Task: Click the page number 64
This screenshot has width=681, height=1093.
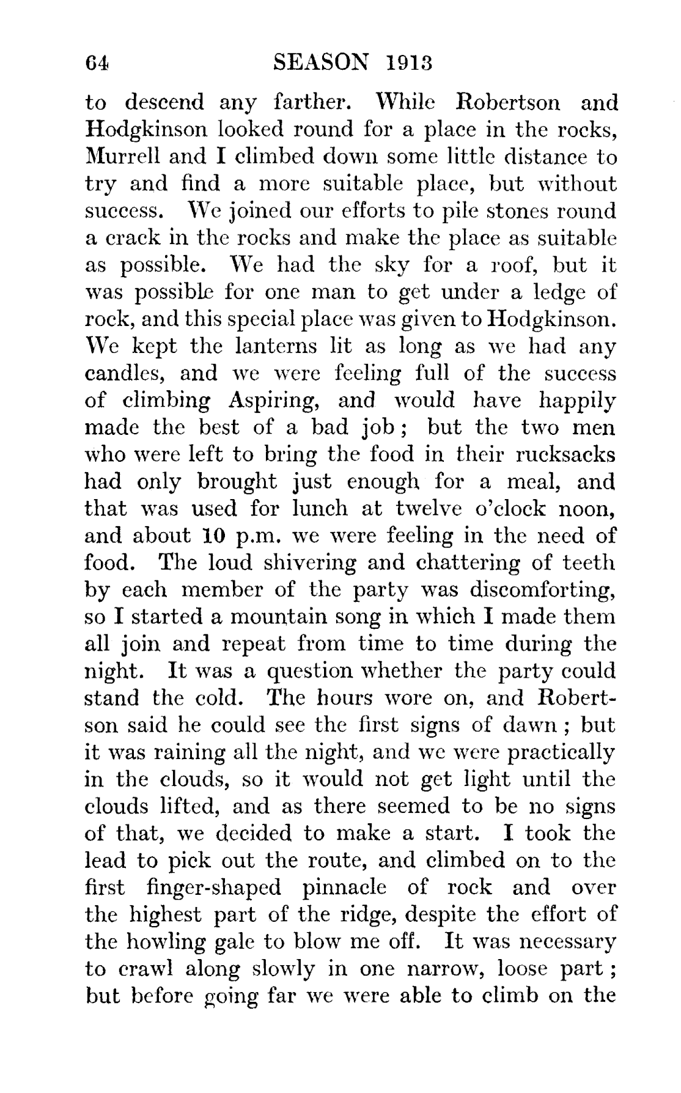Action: click(97, 62)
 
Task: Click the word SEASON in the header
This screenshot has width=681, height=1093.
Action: click(322, 62)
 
